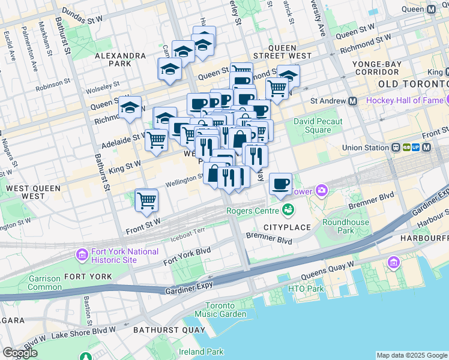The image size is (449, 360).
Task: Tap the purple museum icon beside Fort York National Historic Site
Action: tap(82, 255)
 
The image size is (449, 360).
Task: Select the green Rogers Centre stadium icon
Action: tap(288, 210)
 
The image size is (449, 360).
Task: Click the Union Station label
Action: tap(367, 148)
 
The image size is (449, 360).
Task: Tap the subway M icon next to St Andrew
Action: tap(352, 101)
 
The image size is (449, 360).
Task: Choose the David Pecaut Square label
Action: tap(318, 125)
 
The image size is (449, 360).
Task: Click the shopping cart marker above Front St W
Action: tap(146, 200)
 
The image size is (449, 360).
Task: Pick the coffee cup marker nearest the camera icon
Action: tap(280, 183)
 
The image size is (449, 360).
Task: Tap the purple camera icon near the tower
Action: tap(322, 191)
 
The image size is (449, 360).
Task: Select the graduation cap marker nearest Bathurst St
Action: tap(130, 108)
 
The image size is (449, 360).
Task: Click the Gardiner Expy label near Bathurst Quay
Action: tap(188, 290)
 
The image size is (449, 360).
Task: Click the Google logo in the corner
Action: tap(20, 353)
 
